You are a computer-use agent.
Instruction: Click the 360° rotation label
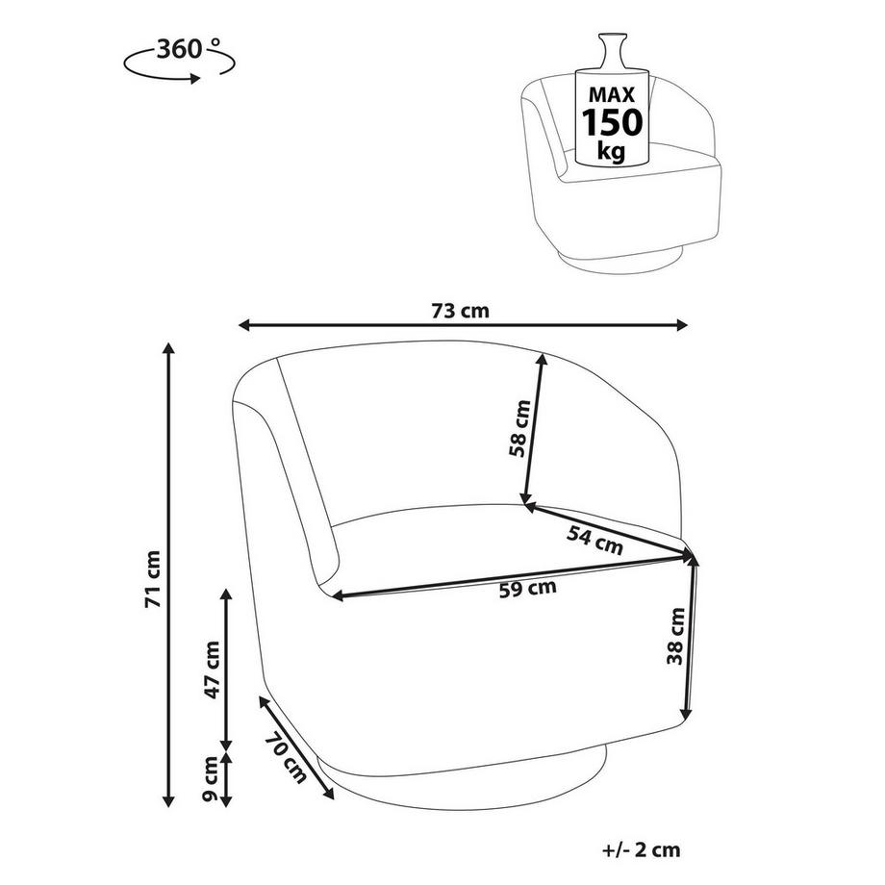[184, 48]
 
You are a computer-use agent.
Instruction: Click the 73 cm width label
[461, 310]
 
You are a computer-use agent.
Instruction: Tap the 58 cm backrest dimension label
[519, 429]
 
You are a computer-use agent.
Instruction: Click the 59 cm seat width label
[528, 590]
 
